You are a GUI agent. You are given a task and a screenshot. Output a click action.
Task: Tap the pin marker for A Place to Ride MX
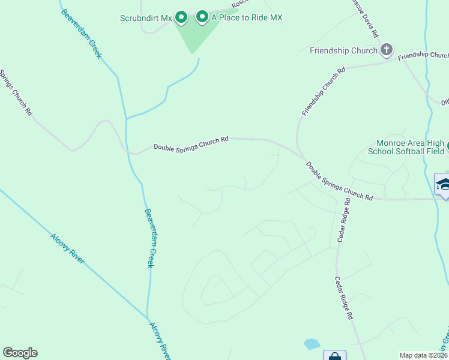point(202,17)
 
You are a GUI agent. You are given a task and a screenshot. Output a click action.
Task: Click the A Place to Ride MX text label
point(247,18)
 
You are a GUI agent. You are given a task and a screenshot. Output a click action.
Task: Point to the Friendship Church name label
point(343,50)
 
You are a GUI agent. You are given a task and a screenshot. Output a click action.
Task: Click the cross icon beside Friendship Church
point(387,50)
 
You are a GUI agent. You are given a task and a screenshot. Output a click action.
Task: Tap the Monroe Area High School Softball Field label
point(410,147)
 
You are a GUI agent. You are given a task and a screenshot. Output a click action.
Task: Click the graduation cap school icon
point(443,184)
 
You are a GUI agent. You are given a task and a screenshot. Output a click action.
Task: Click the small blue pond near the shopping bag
point(312,344)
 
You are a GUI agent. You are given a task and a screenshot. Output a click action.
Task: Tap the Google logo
point(20,353)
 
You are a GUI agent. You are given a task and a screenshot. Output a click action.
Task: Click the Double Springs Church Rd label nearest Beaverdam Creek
point(191,143)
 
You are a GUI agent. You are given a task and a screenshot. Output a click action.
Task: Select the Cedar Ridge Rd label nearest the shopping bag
point(344,298)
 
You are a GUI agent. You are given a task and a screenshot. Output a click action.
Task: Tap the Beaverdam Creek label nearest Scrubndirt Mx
point(82,33)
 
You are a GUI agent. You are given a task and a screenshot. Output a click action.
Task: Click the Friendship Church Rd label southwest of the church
point(324,91)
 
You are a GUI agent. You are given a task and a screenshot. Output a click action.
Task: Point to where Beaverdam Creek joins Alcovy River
point(148,318)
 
